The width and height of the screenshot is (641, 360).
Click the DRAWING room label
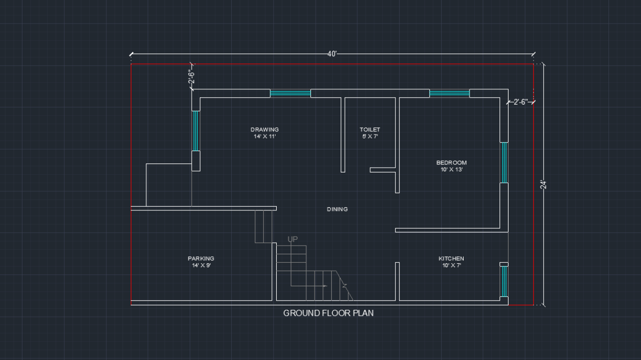[x=264, y=129]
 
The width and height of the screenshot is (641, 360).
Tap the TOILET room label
[x=370, y=129]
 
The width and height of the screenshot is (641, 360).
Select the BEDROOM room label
[x=451, y=162]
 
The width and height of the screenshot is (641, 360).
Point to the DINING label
[x=337, y=209]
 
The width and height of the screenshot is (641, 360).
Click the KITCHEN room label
[x=451, y=259]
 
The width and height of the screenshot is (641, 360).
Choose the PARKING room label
[x=201, y=259]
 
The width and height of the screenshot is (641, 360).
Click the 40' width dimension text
[x=332, y=54]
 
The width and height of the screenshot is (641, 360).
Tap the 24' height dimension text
[x=543, y=185]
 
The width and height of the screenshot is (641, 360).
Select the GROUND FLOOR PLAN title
[x=328, y=313]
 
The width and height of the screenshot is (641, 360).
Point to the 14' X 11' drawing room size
[x=264, y=137]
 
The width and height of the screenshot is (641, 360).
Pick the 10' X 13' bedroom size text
[x=451, y=170]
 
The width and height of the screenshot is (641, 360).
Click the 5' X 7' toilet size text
[x=370, y=137]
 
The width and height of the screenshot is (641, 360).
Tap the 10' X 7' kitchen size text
[x=451, y=265]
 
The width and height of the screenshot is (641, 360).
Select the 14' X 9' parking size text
[x=201, y=265]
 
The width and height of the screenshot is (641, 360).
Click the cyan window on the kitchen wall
[x=503, y=281]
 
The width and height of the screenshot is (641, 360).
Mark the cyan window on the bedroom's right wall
[x=503, y=162]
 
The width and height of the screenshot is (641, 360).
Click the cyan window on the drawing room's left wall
[x=196, y=131]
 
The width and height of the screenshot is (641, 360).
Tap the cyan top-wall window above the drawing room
[x=290, y=93]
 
